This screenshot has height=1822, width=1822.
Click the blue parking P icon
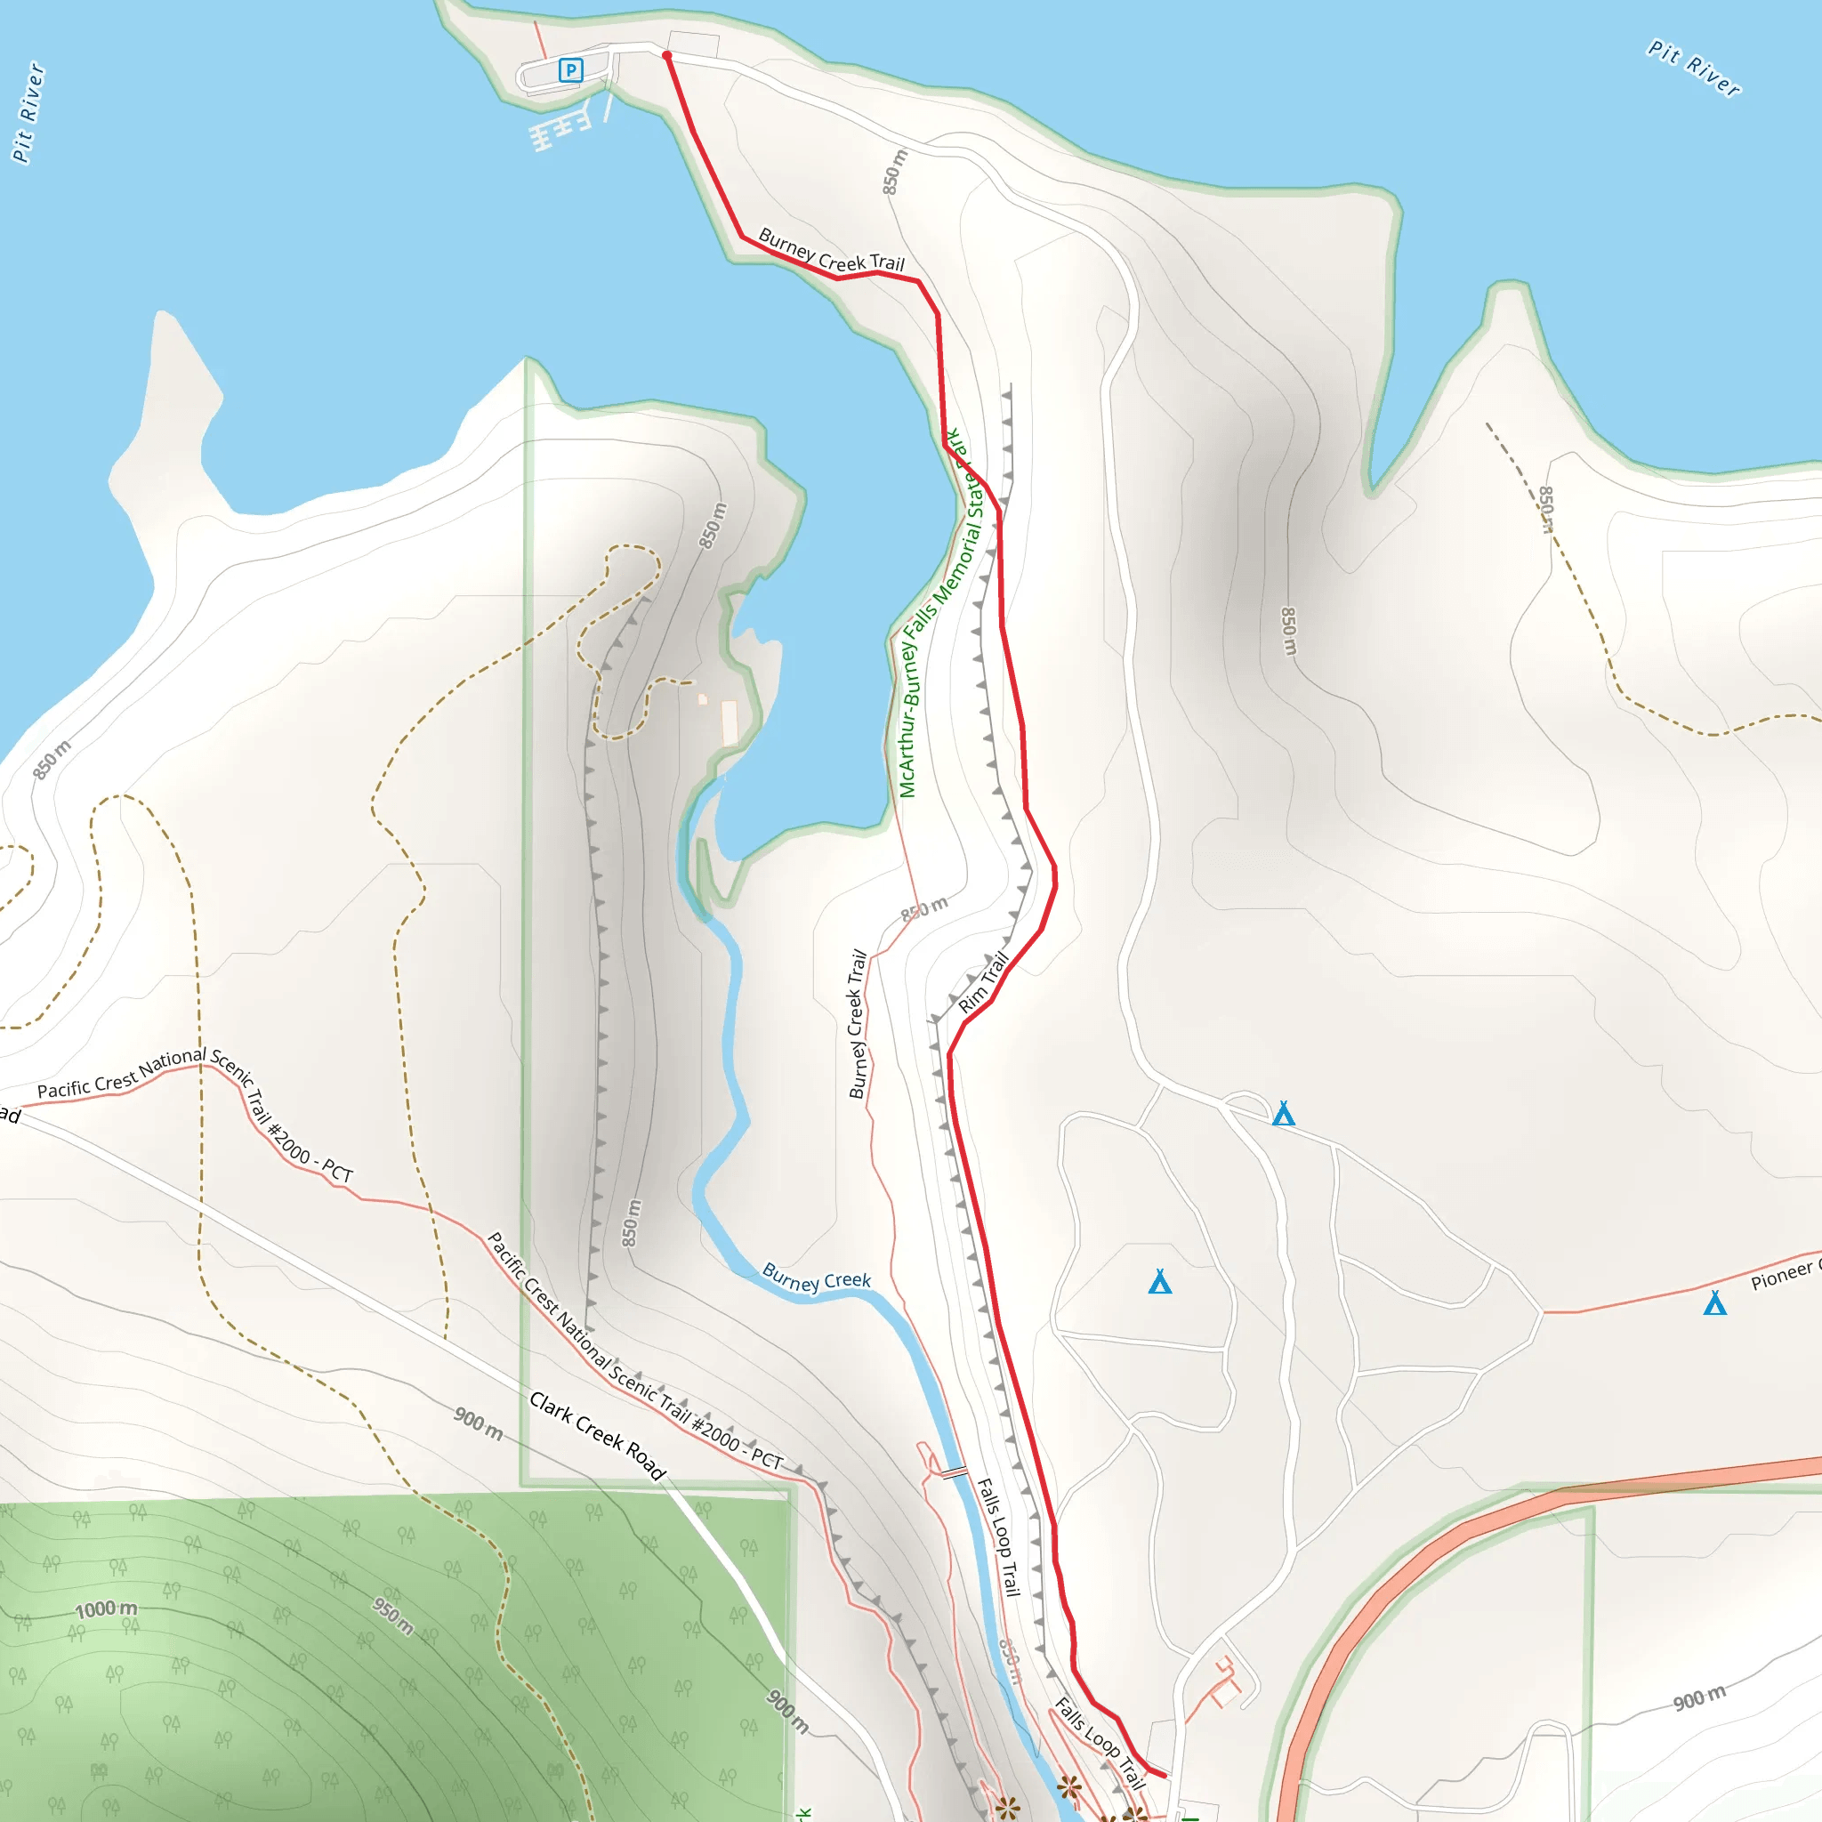[x=570, y=69]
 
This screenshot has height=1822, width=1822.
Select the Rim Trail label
[x=984, y=983]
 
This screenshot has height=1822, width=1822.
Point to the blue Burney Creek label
[x=816, y=1278]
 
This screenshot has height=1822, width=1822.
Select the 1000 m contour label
[x=106, y=1608]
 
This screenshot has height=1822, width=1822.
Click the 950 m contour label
[x=392, y=1616]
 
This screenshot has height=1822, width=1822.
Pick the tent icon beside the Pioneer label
[x=1714, y=1303]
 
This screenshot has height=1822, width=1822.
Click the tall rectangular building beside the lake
[x=729, y=723]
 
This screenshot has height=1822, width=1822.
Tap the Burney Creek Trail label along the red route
[x=831, y=251]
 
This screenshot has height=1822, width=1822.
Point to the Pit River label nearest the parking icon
[x=28, y=113]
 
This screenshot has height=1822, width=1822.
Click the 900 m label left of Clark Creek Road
[x=478, y=1423]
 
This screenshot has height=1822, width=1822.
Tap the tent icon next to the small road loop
[x=1283, y=1115]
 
